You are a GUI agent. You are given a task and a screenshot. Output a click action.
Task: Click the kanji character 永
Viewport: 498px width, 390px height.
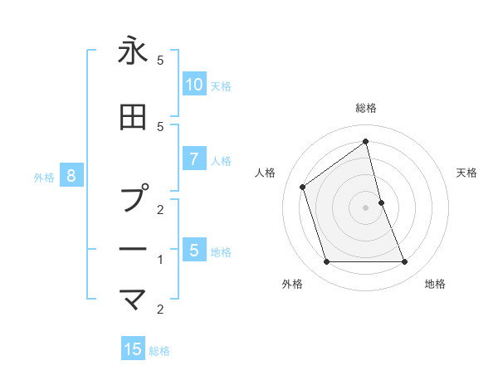click(x=133, y=51)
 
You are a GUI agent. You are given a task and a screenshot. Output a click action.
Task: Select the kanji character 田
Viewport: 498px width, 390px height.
click(x=133, y=117)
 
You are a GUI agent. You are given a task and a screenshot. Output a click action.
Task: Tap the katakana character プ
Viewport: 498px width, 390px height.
click(x=134, y=198)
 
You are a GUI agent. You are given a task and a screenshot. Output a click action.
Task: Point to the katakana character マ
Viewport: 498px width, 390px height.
click(x=133, y=298)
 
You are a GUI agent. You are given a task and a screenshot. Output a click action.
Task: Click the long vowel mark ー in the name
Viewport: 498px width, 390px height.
click(x=133, y=249)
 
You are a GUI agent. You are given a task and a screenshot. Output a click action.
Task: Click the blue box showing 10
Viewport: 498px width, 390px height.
click(x=194, y=84)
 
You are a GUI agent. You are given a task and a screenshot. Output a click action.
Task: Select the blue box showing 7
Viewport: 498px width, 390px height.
click(x=194, y=158)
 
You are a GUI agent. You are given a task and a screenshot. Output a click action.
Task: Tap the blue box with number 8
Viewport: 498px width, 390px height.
click(x=71, y=175)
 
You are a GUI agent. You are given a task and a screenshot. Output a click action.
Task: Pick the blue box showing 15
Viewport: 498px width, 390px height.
click(x=133, y=349)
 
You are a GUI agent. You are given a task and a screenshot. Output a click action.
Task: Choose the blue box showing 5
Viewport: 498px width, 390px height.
click(x=194, y=250)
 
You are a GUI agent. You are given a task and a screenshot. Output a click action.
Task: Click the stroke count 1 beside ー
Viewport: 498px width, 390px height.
click(x=160, y=260)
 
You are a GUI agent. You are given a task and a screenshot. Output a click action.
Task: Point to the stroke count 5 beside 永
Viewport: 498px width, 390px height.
click(x=160, y=61)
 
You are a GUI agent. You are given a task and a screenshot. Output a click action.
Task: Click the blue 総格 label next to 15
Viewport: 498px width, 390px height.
click(x=159, y=351)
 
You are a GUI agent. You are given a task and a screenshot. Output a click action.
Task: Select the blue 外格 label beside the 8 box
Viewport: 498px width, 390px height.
click(x=44, y=177)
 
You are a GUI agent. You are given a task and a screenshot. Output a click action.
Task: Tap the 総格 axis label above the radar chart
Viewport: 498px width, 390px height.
click(x=365, y=108)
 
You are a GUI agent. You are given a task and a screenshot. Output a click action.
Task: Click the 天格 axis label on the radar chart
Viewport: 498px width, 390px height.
click(x=467, y=173)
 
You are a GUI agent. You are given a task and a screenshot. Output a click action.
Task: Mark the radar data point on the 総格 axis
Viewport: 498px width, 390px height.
click(x=365, y=142)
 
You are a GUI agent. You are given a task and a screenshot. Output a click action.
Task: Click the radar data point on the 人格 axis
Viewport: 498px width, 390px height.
click(x=303, y=187)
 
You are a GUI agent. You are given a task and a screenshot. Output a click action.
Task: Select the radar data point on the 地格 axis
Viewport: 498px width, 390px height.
click(x=404, y=262)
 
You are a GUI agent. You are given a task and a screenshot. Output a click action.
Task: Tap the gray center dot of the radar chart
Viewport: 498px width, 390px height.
click(x=365, y=207)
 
